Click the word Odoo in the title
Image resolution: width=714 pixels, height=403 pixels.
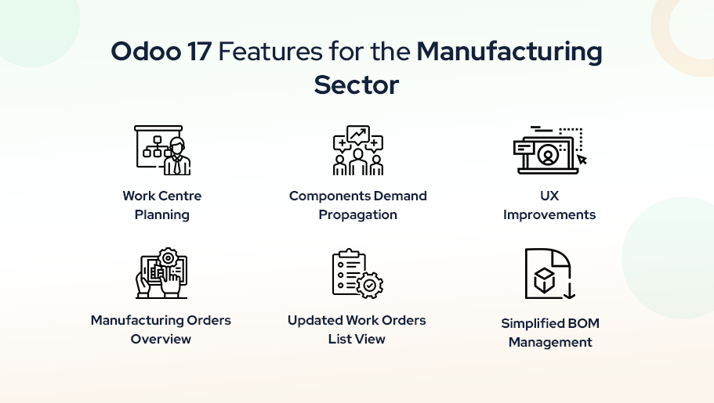pos(146,51)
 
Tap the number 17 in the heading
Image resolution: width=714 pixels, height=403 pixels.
pos(199,51)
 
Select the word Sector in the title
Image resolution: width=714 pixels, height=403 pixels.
pos(357,85)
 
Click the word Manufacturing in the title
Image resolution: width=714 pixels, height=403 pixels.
pos(509,52)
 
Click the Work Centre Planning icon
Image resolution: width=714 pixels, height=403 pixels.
pos(162,150)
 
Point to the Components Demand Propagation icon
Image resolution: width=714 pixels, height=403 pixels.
pos(358,150)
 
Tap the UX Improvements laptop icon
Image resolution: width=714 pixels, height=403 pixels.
pos(549,150)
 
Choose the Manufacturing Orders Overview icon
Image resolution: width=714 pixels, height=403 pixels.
pos(161,273)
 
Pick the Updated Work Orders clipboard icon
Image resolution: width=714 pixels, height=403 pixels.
pos(358,273)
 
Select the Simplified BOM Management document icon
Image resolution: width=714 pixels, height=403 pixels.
pos(549,273)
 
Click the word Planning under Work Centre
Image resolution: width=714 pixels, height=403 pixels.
pos(161,215)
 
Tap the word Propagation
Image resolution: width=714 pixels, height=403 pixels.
pos(358,215)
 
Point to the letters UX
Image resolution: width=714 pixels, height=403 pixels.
pos(549,196)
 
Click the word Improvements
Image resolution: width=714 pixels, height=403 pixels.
pos(549,214)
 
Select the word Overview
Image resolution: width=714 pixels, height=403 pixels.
pos(161,339)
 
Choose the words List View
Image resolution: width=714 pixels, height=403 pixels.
pos(357,339)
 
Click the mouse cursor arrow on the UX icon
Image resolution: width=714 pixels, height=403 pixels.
pos(582,159)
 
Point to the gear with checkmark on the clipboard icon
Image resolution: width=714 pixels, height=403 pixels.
pos(370,285)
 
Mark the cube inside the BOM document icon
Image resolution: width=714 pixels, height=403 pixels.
pos(544,279)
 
